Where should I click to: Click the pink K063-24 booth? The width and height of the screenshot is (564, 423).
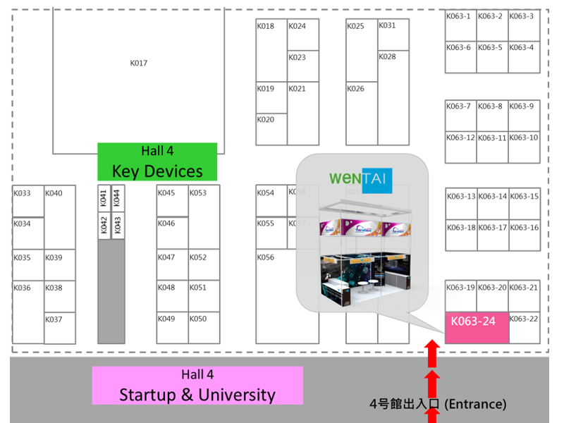tap(477, 327)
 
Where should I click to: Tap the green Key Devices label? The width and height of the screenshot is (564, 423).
tap(157, 161)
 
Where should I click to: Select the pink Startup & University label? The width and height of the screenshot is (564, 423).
tap(197, 386)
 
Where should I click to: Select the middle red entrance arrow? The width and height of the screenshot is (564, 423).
tap(432, 384)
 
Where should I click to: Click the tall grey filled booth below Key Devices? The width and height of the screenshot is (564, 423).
tap(111, 290)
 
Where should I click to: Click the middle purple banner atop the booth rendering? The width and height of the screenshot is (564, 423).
tap(361, 228)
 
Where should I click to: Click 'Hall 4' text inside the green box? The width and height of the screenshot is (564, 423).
tap(157, 151)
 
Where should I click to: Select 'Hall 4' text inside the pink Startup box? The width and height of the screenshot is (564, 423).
tap(197, 374)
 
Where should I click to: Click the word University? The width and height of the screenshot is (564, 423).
tap(237, 395)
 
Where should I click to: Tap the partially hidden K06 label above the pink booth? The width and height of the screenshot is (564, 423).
tap(453, 287)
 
